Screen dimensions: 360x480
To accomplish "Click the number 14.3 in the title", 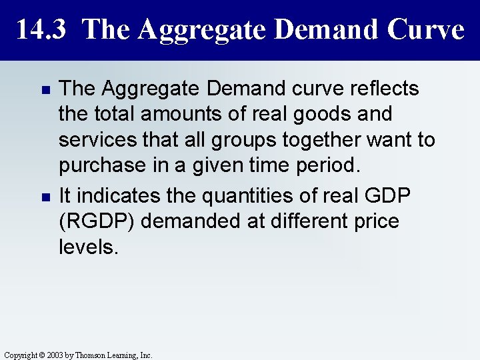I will coord(42,29).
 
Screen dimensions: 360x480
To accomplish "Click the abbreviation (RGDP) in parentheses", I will coord(97,221).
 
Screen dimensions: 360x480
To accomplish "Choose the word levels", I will coord(87,247).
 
